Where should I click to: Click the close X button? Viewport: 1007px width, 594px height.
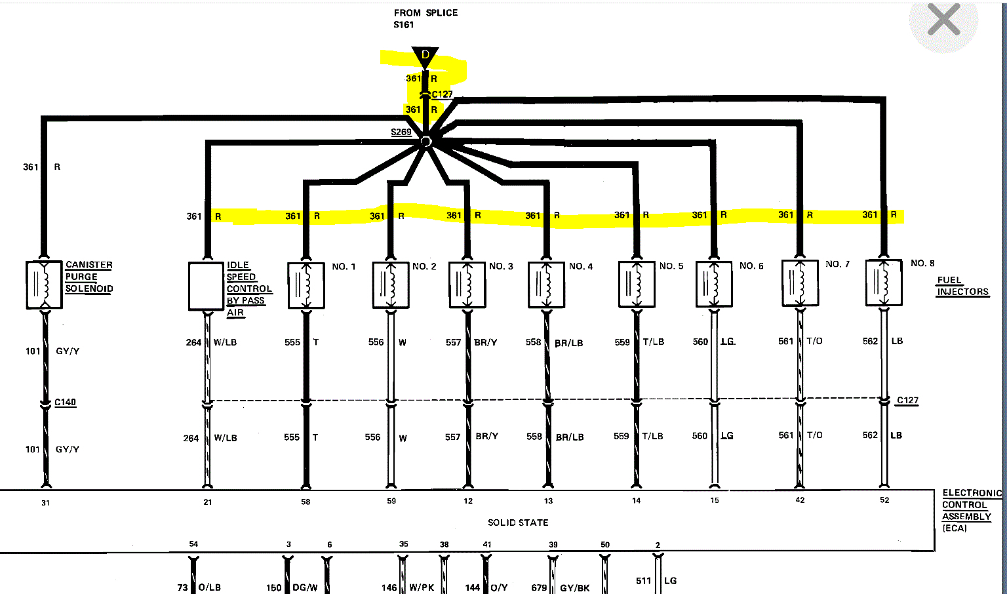943,20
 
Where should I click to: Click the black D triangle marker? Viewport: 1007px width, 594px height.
425,56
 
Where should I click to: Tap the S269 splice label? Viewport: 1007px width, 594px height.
401,132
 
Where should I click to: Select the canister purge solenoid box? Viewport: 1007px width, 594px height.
44,285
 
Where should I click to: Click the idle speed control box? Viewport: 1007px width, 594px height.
206,286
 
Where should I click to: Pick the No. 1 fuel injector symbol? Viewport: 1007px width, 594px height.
306,285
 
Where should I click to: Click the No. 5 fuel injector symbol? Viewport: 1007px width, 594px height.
637,285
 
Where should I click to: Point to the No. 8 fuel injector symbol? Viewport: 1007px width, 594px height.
884,283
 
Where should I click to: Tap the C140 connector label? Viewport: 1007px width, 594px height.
65,402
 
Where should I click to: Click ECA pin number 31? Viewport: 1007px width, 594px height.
45,503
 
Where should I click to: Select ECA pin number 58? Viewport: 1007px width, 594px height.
306,502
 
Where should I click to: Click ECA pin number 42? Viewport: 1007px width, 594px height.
800,500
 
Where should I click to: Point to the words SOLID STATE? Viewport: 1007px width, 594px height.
518,523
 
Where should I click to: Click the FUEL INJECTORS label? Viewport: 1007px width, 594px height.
962,286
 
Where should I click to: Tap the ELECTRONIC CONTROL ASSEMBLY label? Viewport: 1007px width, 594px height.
970,510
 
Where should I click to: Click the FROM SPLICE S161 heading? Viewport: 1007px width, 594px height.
425,18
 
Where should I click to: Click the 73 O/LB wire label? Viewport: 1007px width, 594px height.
199,587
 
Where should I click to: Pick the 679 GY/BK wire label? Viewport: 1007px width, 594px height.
561,587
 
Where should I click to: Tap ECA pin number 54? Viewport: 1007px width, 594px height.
193,544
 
